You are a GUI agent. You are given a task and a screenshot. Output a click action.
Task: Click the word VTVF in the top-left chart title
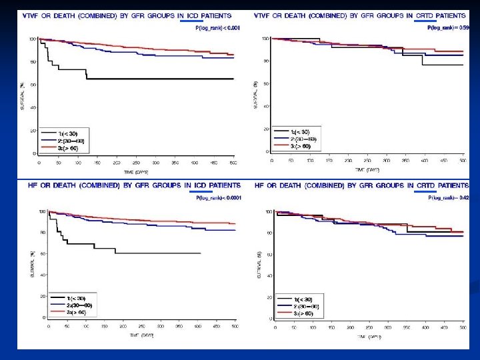[33, 15]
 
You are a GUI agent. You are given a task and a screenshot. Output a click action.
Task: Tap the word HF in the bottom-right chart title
[261, 185]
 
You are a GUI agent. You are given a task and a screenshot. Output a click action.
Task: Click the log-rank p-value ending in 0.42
[449, 197]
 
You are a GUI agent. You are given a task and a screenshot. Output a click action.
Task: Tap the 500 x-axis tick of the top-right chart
[463, 161]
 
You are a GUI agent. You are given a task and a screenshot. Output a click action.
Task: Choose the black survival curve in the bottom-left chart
[153, 253]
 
